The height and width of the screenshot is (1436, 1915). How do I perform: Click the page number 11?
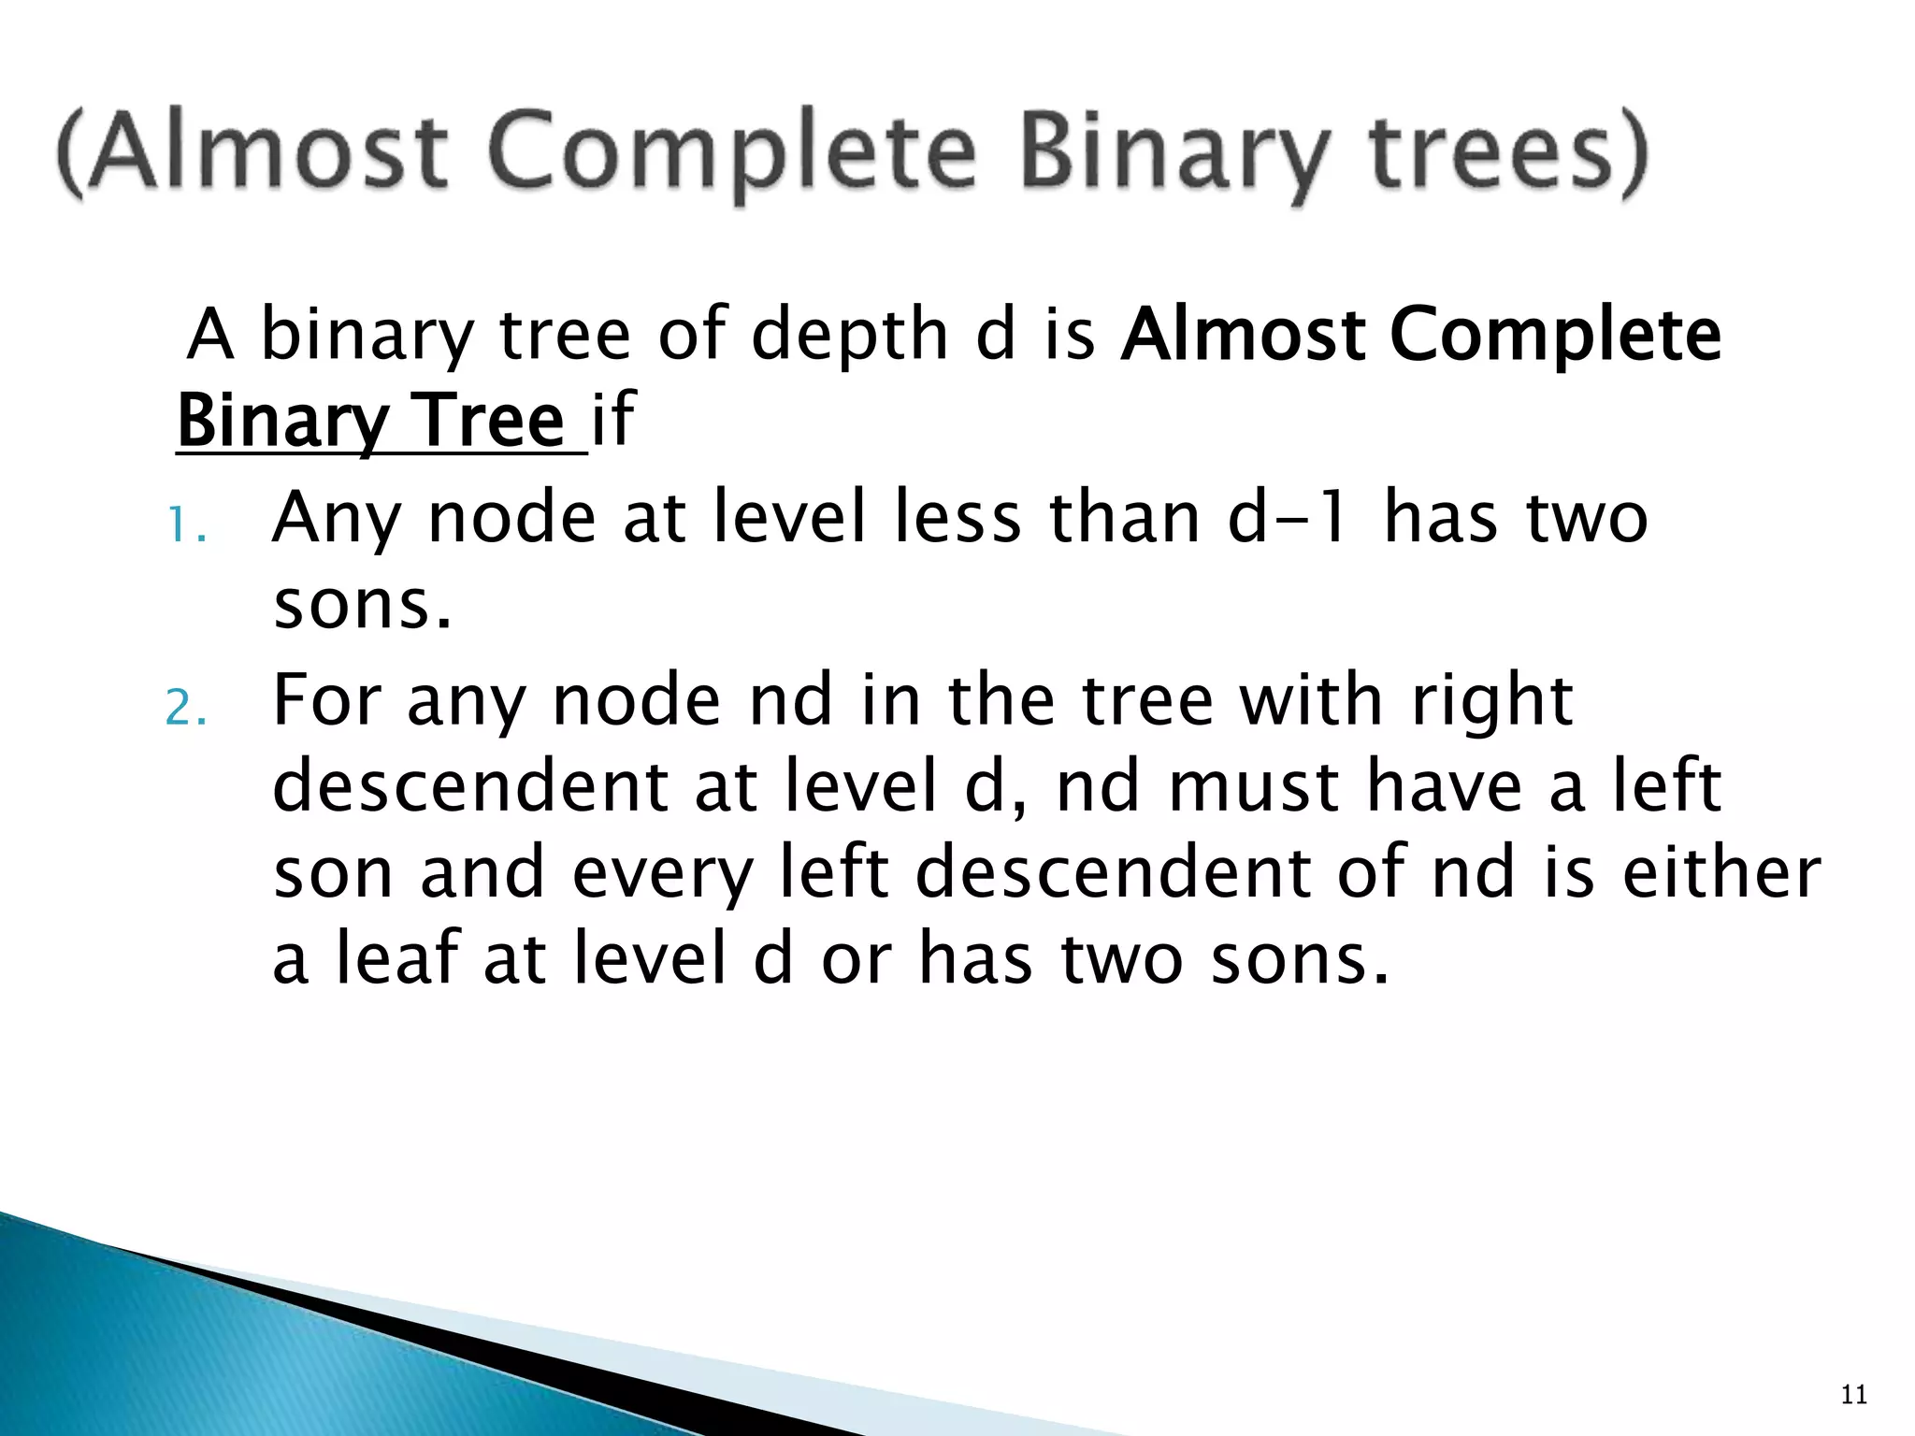pos(1853,1396)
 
